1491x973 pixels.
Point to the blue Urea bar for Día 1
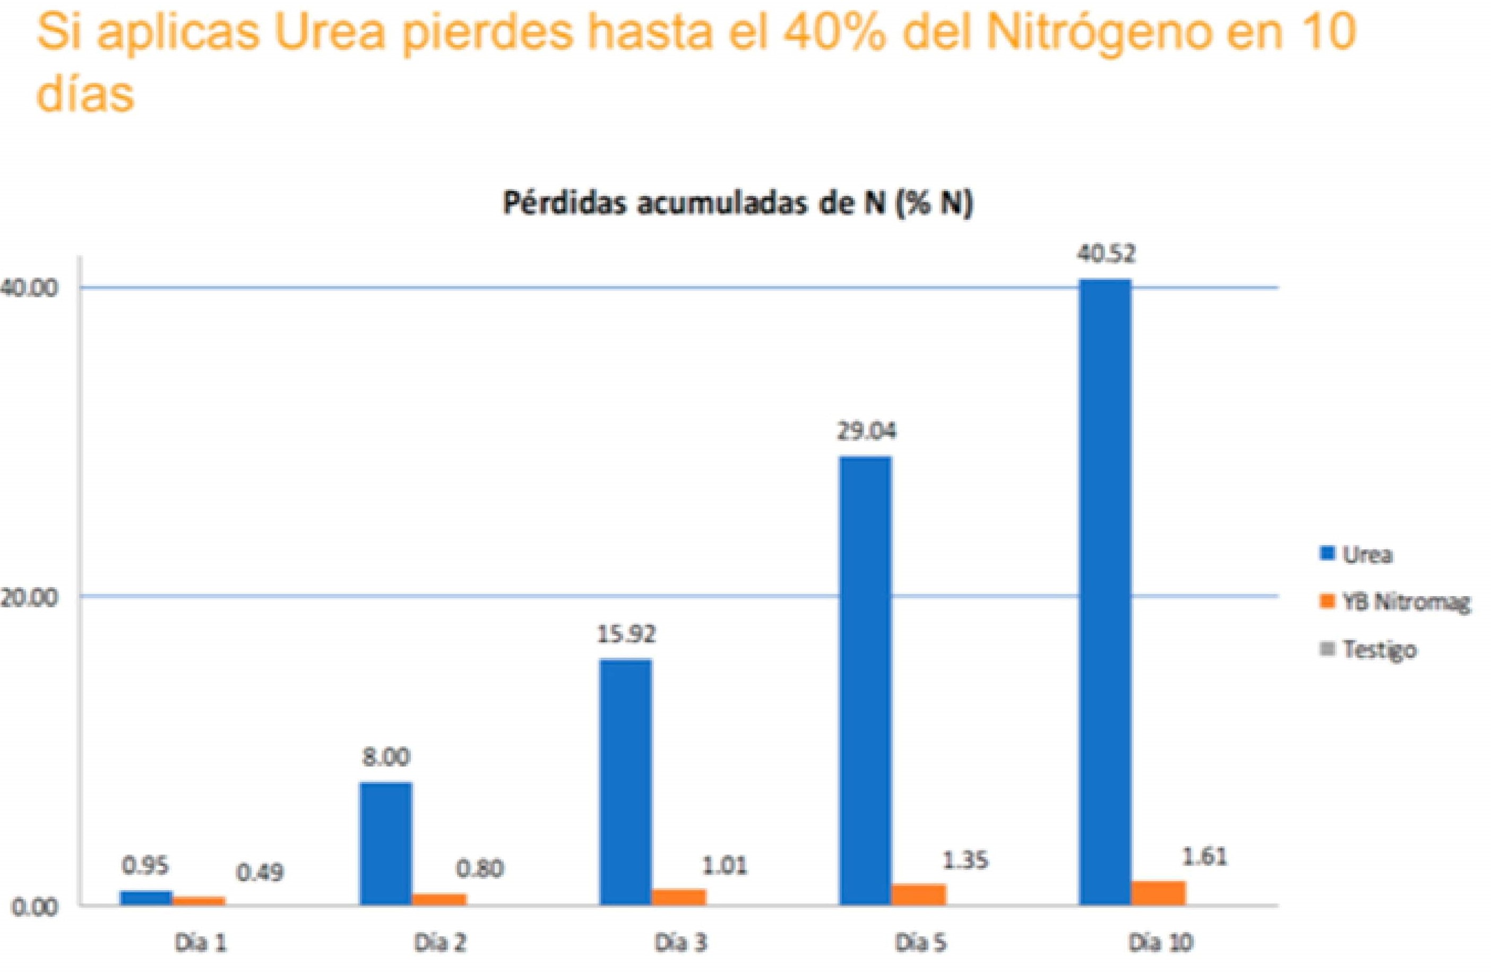coord(146,897)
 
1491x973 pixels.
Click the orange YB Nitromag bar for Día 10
coord(1158,892)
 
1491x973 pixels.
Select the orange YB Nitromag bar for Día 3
coord(678,896)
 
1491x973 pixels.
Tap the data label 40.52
coord(1106,254)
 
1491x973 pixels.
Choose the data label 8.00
coord(386,757)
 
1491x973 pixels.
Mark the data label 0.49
coord(260,872)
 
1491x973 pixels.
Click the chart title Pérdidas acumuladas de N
coord(737,205)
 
